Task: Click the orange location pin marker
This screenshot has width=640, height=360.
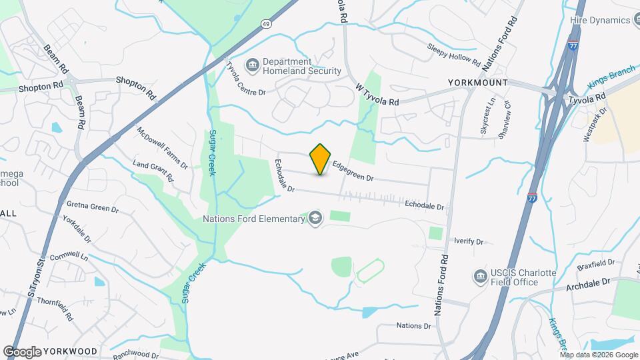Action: (321, 159)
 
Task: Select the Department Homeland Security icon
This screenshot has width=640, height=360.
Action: (253, 65)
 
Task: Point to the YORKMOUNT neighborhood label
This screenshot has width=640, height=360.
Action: (477, 83)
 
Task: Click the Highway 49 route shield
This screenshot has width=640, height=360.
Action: (266, 24)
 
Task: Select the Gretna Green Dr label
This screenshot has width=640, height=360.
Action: (92, 207)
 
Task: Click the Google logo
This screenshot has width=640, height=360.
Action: (22, 351)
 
